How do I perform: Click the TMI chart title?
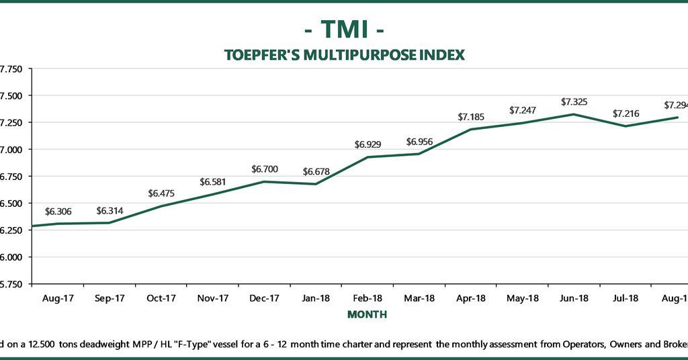pos(344,30)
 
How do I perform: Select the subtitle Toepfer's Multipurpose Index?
pos(344,54)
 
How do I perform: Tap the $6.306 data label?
pos(58,212)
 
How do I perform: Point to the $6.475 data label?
pos(161,193)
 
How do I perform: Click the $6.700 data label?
pos(264,169)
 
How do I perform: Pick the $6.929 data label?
pos(368,144)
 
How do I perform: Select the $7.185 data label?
pos(471,117)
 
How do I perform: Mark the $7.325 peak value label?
pos(574,102)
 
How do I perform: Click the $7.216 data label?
pos(626,114)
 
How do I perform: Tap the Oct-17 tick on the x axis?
pos(161,298)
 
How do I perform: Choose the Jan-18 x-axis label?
pos(316,298)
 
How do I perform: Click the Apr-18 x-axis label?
pos(471,298)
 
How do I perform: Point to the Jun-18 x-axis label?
pos(574,298)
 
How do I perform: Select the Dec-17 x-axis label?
pos(264,298)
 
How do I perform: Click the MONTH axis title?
pos(367,314)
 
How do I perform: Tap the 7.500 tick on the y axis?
pos(11,95)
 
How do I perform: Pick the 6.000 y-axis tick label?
pos(11,257)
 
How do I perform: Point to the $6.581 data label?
pos(213,182)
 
